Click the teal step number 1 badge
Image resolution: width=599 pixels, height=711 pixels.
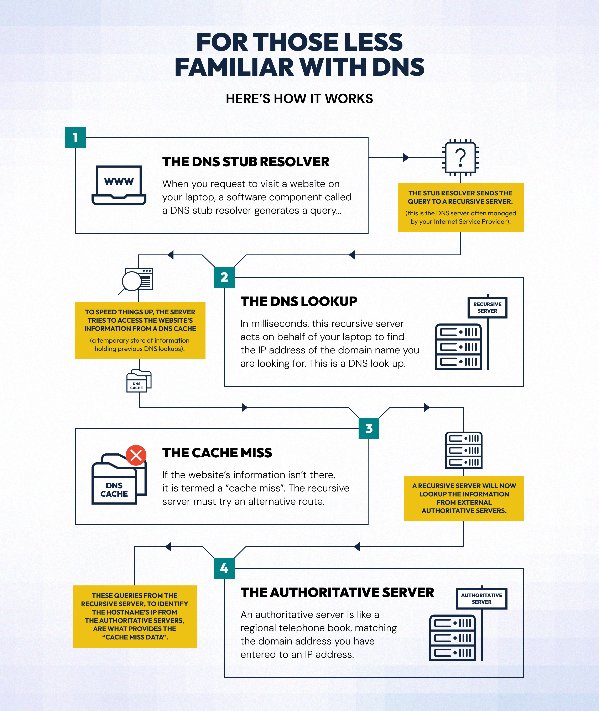click(75, 137)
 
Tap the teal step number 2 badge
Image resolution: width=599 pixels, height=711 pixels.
click(224, 277)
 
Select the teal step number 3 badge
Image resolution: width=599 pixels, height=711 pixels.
click(369, 429)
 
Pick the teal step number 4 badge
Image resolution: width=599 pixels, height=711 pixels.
click(224, 568)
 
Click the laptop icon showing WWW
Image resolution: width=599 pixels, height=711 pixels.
click(119, 185)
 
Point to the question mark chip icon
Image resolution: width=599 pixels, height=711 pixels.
click(460, 157)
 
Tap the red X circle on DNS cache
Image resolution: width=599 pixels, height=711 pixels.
click(136, 455)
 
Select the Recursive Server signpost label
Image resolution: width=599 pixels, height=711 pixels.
click(487, 307)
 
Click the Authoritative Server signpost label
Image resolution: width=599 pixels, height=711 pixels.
click(481, 598)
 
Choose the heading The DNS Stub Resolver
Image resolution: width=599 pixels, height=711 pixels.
click(246, 162)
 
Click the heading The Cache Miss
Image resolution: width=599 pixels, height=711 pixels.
click(217, 453)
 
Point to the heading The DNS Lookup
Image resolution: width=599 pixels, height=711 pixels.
click(299, 301)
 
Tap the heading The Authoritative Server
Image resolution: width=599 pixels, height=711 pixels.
click(337, 592)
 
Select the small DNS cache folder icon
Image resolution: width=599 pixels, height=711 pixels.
click(139, 381)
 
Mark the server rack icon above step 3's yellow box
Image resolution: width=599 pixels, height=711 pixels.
click(464, 450)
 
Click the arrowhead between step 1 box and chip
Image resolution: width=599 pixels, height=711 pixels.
click(406, 157)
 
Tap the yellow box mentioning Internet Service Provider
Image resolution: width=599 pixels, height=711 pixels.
click(461, 207)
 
